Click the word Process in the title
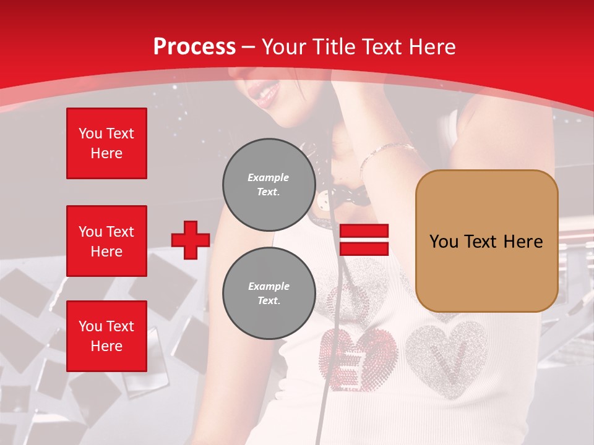pyautogui.click(x=194, y=47)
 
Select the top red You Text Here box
pyautogui.click(x=106, y=143)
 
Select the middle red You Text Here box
pyautogui.click(x=106, y=241)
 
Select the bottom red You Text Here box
pyautogui.click(x=106, y=336)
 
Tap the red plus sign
pyautogui.click(x=191, y=240)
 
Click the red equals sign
pyautogui.click(x=364, y=240)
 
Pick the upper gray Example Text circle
pyautogui.click(x=269, y=185)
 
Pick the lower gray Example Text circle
pyautogui.click(x=269, y=294)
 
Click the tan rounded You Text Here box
pyautogui.click(x=486, y=241)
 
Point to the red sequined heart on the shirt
pyautogui.click(x=359, y=358)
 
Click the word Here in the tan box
pyautogui.click(x=522, y=241)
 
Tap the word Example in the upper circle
pyautogui.click(x=269, y=177)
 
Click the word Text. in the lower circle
pyautogui.click(x=269, y=301)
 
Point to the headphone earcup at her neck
pyautogui.click(x=346, y=185)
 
